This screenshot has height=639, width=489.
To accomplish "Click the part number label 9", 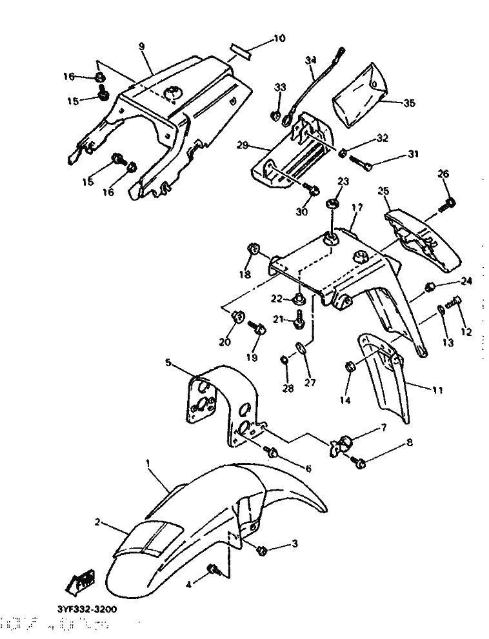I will pos(142,46).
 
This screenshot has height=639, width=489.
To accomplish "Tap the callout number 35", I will pos(408,102).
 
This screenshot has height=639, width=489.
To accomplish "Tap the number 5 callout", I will pos(168,363).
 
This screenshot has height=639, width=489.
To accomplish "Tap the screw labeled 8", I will pos(359,461).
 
